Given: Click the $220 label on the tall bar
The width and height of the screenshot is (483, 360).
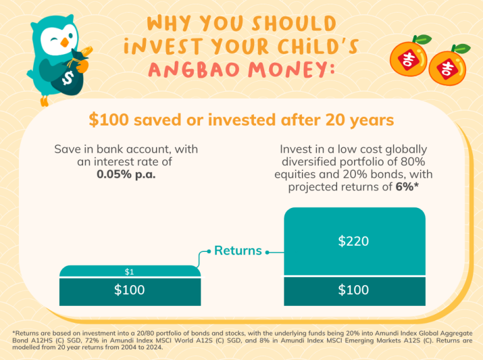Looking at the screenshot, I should pyautogui.click(x=354, y=241).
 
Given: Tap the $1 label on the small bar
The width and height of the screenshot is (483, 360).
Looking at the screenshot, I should pyautogui.click(x=130, y=271).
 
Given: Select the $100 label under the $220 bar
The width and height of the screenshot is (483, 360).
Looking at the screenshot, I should pyautogui.click(x=354, y=290).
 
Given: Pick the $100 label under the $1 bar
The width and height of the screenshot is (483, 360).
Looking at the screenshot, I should pyautogui.click(x=130, y=290).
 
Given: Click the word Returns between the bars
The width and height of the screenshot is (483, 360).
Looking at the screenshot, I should pyautogui.click(x=238, y=251).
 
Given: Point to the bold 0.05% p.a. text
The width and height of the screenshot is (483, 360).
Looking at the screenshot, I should pyautogui.click(x=126, y=174).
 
